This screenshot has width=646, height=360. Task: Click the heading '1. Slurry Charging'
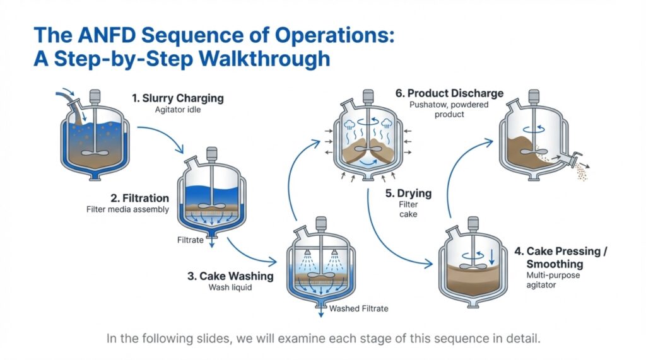[177, 98]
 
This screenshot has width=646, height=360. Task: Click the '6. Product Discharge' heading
[449, 93]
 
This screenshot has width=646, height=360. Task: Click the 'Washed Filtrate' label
[359, 308]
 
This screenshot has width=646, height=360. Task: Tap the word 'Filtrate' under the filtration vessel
[191, 240]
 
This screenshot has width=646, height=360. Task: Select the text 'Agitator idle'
[177, 109]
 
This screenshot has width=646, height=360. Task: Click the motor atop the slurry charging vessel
[95, 96]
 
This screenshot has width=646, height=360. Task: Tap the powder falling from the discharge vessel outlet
[581, 173]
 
